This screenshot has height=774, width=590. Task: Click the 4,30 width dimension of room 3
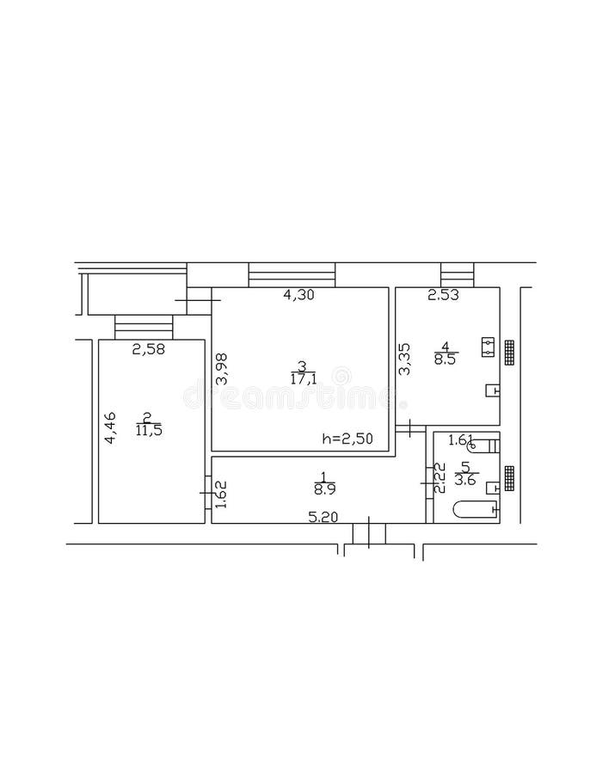pos(298,295)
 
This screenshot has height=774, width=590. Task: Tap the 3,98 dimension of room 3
pos(222,369)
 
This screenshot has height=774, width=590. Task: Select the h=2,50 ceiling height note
pos(347,439)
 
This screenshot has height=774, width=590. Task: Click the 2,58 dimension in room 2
pos(148,349)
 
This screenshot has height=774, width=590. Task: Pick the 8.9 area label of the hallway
pos(324,489)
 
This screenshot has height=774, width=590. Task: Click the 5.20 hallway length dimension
pos(324,517)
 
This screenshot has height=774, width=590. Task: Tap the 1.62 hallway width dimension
pos(220,494)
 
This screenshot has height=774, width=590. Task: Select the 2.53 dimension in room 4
pos(444,296)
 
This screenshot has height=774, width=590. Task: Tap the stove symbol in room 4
pos(488,346)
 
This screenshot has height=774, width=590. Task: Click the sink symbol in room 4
pos(492,390)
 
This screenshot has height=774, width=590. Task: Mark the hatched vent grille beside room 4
pos(510,352)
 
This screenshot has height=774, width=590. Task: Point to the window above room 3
pos(291,275)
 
